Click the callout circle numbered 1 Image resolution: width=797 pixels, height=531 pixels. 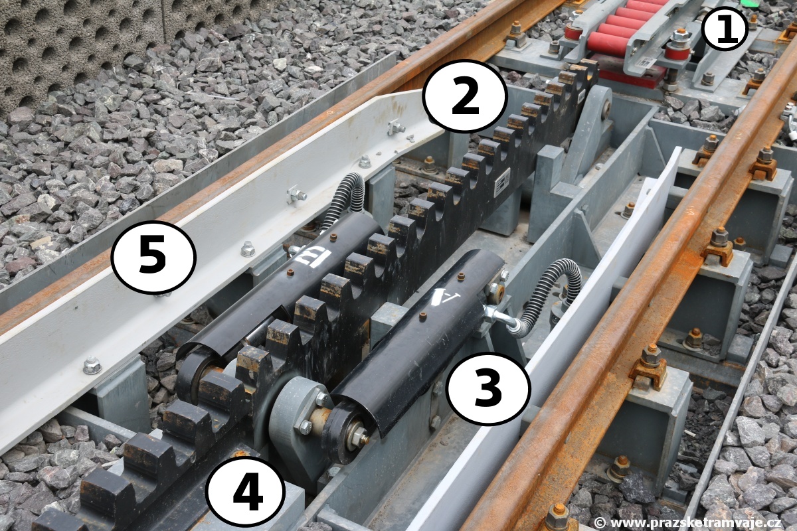pos(726,29)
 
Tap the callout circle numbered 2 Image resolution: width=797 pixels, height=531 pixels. pos(464,97)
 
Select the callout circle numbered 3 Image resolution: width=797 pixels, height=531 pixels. pos(488,388)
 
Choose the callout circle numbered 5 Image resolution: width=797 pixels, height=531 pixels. pos(153,257)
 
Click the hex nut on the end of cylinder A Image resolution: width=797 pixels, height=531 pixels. pos(362,435)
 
